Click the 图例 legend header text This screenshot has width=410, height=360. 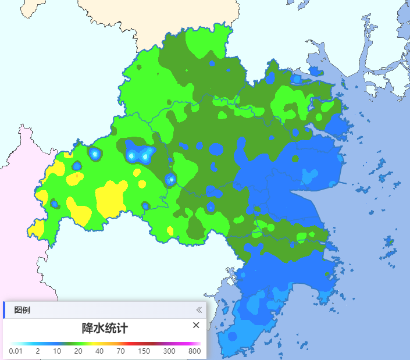22,310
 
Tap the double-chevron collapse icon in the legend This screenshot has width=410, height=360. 198,310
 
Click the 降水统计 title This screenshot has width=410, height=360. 105,328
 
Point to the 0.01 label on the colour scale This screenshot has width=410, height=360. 16,351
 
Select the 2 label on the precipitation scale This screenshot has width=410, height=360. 37,351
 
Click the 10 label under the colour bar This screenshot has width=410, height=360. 57,351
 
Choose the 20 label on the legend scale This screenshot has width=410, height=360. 78,351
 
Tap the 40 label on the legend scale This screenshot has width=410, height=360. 99,351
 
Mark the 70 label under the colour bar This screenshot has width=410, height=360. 120,351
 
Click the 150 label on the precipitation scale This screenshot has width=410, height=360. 144,351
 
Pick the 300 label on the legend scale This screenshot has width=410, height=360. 169,351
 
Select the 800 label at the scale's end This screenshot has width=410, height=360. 194,351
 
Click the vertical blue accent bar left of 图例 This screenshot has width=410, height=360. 4,310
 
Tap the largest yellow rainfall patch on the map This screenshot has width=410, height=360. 109,197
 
